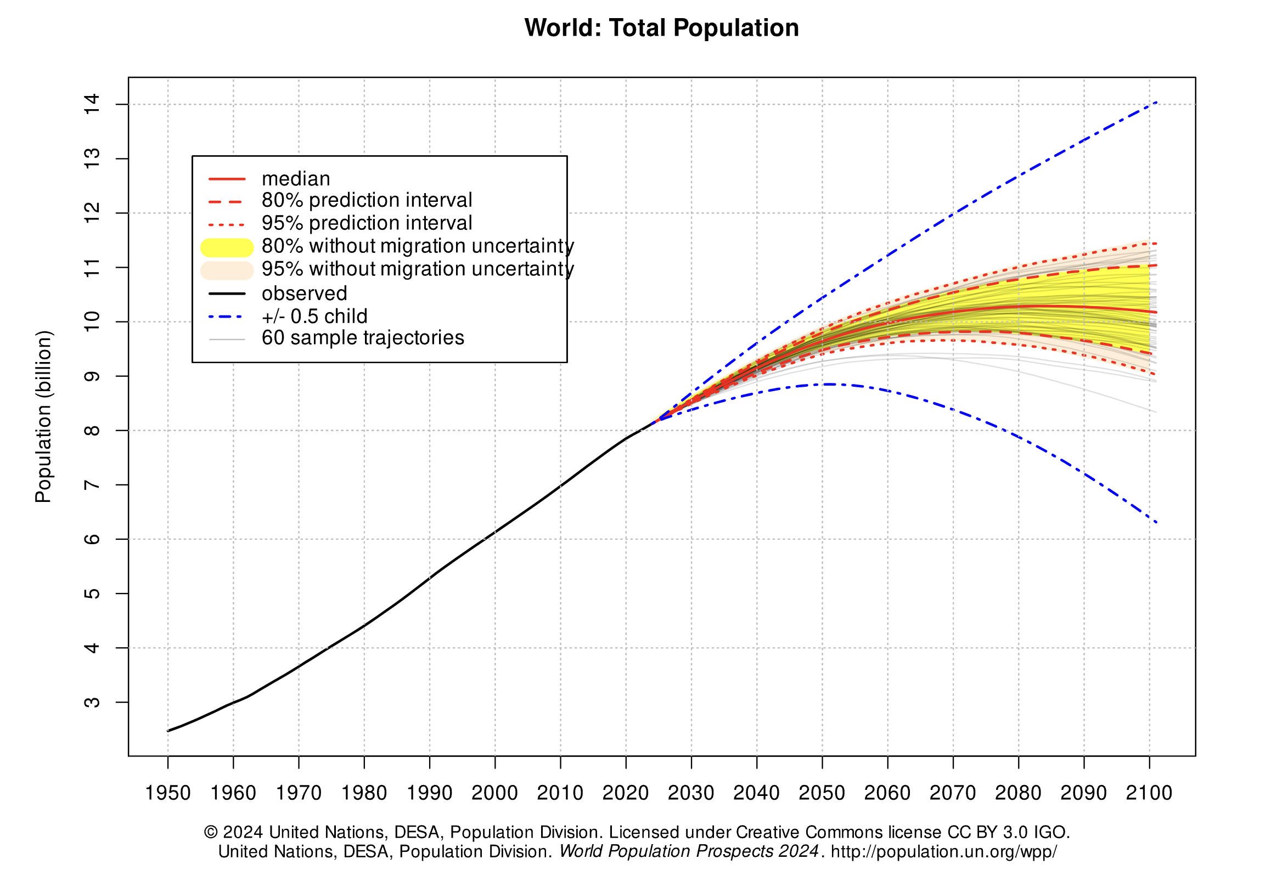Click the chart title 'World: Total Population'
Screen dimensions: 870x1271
661,28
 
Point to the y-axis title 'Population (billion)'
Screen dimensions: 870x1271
43,417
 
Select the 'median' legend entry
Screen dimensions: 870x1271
296,179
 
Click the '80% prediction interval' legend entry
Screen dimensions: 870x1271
367,200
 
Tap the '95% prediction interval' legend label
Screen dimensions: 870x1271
367,223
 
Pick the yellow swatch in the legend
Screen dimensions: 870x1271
227,247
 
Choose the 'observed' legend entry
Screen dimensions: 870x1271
304,293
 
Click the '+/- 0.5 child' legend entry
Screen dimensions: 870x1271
314,317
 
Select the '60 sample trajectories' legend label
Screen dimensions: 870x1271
363,338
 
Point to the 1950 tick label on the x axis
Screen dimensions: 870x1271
168,793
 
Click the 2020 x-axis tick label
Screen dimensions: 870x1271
626,793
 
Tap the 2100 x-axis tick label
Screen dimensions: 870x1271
1149,793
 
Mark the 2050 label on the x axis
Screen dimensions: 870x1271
822,793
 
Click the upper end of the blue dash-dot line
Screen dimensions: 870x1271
1156,102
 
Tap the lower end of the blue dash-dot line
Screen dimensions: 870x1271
1156,522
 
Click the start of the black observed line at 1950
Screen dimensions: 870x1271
168,731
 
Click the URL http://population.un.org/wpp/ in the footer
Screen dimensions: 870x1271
943,852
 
